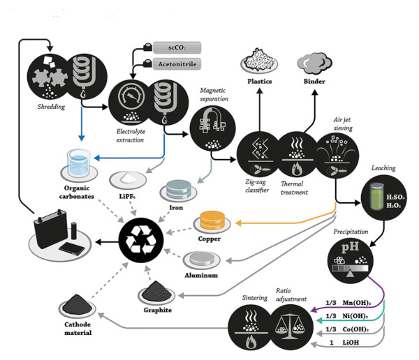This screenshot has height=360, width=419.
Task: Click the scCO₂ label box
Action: tap(177, 48)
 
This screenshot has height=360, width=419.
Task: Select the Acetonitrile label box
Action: tap(177, 64)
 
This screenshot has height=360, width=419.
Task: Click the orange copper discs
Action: tap(212, 220)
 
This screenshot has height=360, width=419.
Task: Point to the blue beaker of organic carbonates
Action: tap(78, 163)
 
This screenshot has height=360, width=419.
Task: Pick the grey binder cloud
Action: tap(314, 63)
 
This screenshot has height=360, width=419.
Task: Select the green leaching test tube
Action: tap(377, 197)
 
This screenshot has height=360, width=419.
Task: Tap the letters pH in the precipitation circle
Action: tap(350, 247)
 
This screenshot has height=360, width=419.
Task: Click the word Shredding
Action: tap(51, 107)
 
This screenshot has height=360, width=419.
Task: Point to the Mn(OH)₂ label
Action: tap(356, 303)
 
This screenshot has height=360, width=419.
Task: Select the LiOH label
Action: tap(351, 343)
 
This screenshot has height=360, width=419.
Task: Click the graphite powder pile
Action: tap(156, 291)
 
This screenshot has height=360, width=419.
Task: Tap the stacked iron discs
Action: tap(179, 190)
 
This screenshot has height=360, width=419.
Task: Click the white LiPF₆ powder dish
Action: tap(128, 179)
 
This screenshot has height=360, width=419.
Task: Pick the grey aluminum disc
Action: tap(202, 259)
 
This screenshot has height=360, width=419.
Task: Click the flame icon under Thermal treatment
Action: tap(297, 168)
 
